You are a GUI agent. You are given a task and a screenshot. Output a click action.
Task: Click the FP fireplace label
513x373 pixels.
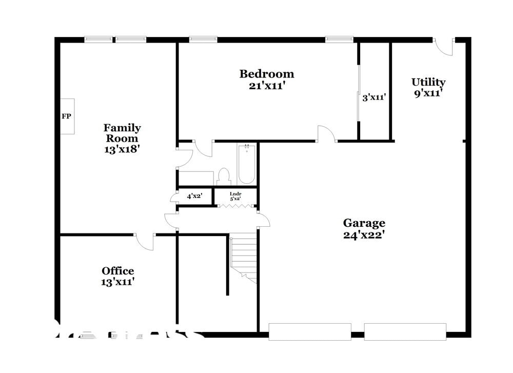coord(66,116)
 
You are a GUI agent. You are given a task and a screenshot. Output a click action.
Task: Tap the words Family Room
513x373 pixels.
coord(122,133)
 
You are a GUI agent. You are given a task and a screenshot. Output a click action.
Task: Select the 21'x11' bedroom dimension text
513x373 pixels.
coord(267,86)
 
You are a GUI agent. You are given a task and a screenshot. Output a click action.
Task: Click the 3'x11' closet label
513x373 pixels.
coord(374,96)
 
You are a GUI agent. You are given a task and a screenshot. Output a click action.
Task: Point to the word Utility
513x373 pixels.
coord(428,82)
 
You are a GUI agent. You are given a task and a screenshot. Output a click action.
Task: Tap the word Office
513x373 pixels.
coord(118,271)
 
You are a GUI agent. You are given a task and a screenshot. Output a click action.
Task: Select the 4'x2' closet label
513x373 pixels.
coord(194,196)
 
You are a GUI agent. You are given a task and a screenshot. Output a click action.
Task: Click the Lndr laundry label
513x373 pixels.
coord(235,193)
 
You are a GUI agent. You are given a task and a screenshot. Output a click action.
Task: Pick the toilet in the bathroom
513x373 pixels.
coord(224,176)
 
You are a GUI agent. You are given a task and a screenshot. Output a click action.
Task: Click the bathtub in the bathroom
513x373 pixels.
coord(247,164)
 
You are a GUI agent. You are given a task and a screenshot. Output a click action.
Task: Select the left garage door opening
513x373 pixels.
coord(310,331)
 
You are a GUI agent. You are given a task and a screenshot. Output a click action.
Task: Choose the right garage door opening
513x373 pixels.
coord(405,331)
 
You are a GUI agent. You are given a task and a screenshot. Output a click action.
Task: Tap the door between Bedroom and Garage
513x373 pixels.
coord(327,134)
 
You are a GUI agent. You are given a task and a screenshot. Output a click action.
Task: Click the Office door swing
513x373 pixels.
coord(145,242)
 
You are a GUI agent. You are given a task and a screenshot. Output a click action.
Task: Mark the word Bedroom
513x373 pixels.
coord(267,74)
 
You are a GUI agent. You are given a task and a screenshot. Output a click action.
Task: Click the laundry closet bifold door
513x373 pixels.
coord(235,206)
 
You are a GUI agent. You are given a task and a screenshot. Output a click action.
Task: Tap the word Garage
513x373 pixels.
coord(364,223)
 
